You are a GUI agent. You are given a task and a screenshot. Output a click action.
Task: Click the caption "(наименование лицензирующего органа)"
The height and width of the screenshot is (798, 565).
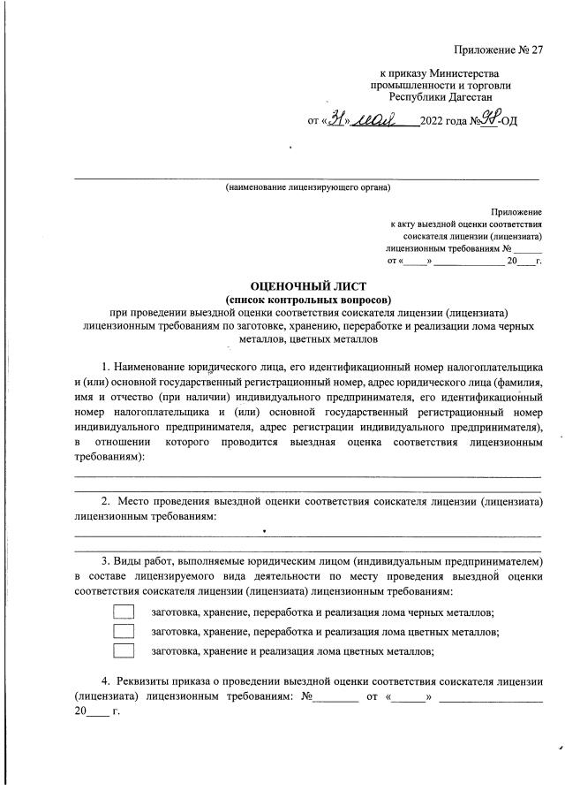[307, 187]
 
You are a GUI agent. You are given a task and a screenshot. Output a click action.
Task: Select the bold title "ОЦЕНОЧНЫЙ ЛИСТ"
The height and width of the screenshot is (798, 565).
[307, 285]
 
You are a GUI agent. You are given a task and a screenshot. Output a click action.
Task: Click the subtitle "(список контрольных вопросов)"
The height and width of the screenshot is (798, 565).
[307, 299]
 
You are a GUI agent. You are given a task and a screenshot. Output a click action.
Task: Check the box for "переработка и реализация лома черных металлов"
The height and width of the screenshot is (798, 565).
[124, 612]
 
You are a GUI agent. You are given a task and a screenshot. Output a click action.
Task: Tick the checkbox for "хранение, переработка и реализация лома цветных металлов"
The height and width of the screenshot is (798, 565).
[124, 631]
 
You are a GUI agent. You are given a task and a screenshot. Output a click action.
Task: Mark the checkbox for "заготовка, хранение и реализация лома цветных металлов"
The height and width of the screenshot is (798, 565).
[124, 651]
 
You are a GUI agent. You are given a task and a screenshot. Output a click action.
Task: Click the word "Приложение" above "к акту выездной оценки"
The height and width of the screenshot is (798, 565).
[517, 212]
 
